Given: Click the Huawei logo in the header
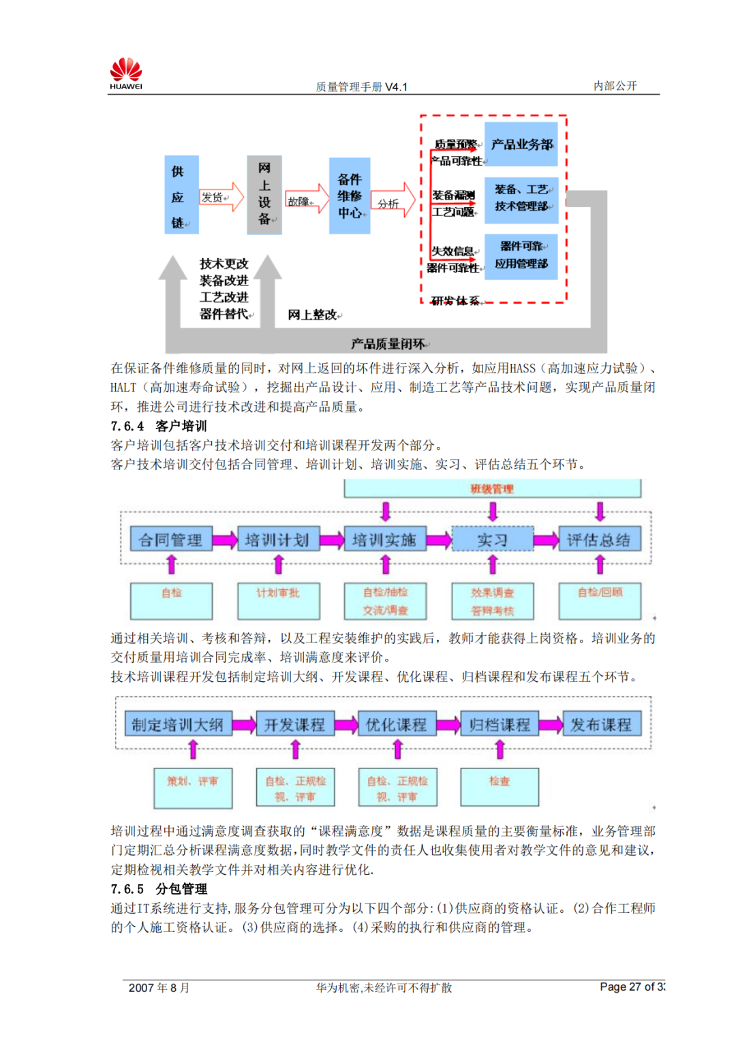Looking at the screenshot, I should point(126,74).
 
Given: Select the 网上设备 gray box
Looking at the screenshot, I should point(264,195).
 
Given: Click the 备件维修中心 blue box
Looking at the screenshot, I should point(350,196).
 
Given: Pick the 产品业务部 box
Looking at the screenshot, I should point(521,144).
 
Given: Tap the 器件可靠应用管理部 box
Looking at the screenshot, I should point(521,255).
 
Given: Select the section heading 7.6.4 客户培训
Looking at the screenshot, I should point(159,426).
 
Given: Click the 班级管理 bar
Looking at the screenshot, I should point(492,488).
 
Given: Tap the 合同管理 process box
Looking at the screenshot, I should point(171,540).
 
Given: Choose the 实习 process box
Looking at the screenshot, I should point(492,540).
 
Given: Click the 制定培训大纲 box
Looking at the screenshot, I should point(178,724).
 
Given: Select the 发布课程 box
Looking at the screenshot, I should point(601,724).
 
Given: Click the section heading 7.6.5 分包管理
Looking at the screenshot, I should point(159,889).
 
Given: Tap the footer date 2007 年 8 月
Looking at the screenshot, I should point(159,988).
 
